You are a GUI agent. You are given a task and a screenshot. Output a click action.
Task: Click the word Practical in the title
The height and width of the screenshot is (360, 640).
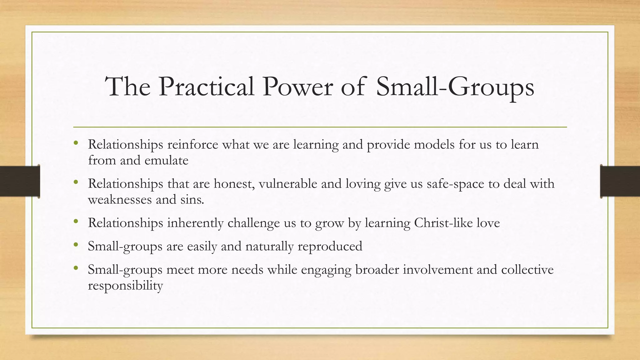206,87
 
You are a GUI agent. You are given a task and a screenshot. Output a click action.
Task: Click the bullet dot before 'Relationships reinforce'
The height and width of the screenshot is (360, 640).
76,143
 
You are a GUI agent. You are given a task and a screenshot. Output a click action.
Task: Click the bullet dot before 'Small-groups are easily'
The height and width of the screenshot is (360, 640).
76,245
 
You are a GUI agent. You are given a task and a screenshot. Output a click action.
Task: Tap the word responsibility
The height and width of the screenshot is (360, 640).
125,286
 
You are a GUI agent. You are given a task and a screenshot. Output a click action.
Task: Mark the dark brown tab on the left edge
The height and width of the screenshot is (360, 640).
20,181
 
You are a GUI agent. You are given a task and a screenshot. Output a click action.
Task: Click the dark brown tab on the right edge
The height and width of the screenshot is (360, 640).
620,181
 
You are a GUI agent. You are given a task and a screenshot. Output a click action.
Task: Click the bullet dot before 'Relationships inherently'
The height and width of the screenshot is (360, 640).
76,222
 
